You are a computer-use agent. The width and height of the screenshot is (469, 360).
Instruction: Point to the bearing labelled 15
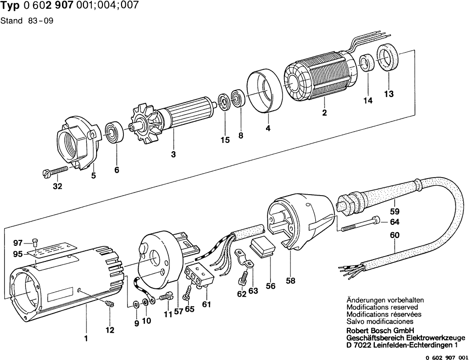[224, 104]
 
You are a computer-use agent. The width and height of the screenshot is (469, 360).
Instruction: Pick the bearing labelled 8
[240, 98]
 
